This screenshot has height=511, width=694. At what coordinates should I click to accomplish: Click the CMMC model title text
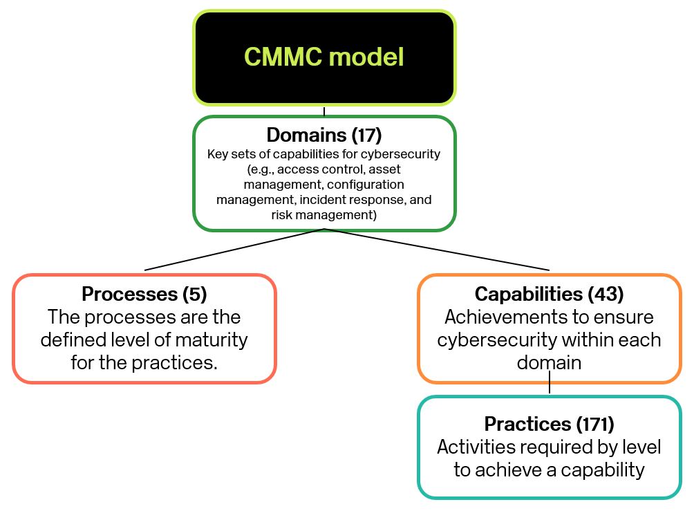tap(324, 57)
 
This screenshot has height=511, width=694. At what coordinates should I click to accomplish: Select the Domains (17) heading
tap(324, 135)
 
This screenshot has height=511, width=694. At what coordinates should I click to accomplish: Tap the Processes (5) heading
tap(144, 294)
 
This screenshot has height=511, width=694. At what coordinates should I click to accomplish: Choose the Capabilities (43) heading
tap(550, 294)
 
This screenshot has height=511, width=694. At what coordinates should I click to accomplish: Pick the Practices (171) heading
tap(550, 424)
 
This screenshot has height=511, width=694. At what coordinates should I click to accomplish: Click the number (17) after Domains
tap(366, 135)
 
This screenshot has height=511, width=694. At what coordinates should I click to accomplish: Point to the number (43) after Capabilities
tap(606, 294)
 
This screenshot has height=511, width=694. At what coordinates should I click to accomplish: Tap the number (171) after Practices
tap(595, 424)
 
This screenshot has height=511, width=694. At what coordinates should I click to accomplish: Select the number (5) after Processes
tap(195, 294)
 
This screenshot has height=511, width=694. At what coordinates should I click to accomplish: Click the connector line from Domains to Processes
tap(234, 250)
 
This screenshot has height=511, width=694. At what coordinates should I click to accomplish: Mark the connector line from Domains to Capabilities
tap(437, 250)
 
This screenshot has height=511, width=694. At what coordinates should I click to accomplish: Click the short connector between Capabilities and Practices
tap(550, 382)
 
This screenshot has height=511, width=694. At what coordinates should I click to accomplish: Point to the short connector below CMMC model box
tap(324, 111)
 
